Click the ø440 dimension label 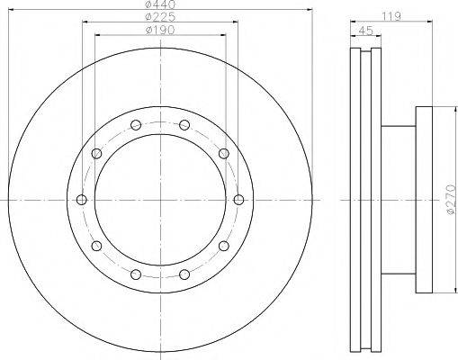tap(160, 4)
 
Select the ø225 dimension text tap(160, 17)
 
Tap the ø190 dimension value tap(160, 30)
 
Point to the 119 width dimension tap(391, 16)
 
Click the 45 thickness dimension tap(365, 31)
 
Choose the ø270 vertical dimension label tap(451, 200)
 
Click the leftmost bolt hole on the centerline tap(82, 200)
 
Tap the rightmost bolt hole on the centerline tap(238, 200)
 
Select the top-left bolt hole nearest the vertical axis tap(136, 125)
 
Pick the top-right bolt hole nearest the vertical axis tap(184, 125)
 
